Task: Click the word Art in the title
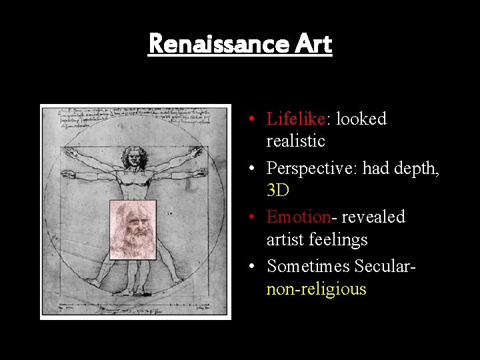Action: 311,44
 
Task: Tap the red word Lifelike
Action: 295,119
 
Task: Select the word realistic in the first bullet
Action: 295,141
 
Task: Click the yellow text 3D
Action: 277,191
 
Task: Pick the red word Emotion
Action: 299,217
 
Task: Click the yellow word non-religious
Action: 316,289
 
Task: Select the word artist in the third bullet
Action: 285,239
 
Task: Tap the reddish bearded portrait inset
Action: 133,229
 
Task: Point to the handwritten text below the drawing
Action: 133,308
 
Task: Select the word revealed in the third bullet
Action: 373,217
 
